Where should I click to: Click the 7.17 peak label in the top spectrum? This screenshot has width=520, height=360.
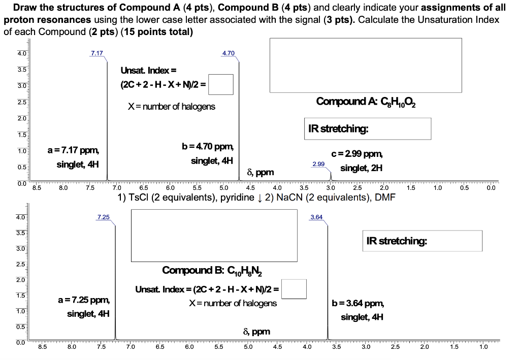(x=96, y=53)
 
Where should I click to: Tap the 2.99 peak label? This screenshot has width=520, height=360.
(x=318, y=165)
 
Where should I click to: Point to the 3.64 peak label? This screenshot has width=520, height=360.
(x=316, y=217)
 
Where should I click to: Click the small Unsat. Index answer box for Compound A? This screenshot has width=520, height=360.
(x=221, y=85)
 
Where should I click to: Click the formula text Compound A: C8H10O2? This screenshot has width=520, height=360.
(x=366, y=102)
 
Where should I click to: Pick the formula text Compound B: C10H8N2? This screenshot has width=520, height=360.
(x=213, y=270)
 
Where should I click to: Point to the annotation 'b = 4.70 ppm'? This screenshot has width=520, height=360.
(x=208, y=147)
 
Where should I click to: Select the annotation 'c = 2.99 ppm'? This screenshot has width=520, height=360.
(x=357, y=154)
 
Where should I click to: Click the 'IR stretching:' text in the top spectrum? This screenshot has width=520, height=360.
(x=338, y=128)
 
